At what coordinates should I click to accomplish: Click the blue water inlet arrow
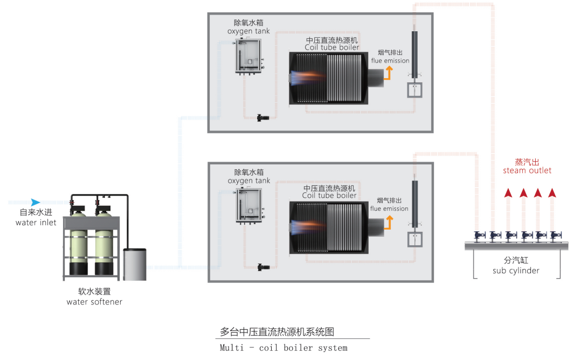[36, 202]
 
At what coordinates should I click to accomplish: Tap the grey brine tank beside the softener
[135, 265]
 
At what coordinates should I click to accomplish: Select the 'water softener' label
[94, 302]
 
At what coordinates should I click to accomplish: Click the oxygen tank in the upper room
[249, 57]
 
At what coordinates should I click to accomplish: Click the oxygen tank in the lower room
[250, 205]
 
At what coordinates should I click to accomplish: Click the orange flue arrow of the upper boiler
[388, 73]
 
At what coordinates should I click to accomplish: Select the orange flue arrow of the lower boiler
[389, 222]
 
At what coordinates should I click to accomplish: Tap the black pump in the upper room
[262, 118]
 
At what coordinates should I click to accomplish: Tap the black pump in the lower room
[263, 267]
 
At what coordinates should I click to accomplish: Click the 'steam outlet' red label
[527, 170]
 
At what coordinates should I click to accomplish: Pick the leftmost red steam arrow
[508, 192]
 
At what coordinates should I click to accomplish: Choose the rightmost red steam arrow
[552, 192]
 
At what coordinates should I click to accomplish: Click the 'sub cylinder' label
[516, 271]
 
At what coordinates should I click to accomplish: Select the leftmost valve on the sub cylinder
[480, 236]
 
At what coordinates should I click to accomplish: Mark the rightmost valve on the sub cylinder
[556, 236]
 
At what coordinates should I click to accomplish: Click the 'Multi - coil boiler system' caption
[283, 348]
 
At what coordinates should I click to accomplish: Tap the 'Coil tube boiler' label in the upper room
[332, 47]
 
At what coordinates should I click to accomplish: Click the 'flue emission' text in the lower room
[389, 209]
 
